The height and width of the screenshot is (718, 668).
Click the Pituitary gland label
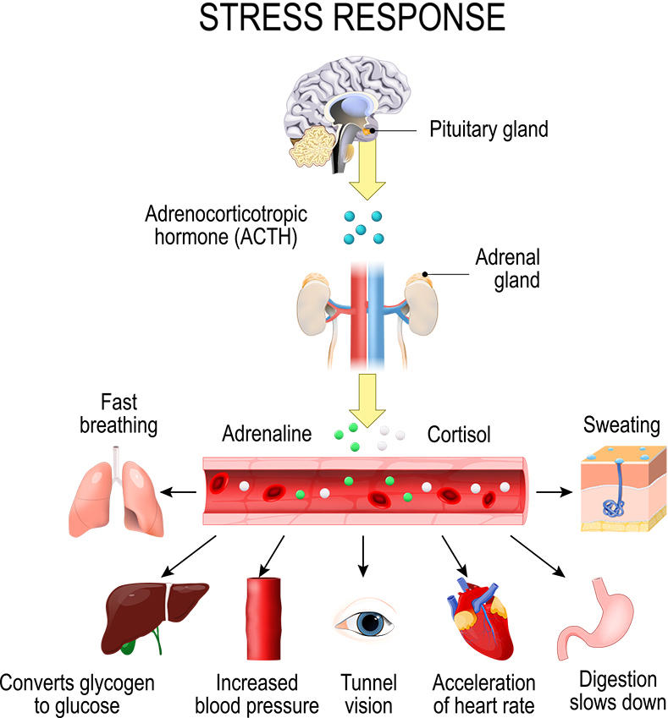(489, 129)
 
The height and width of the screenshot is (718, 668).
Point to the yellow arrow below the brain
(366, 172)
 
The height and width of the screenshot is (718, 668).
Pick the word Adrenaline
(267, 435)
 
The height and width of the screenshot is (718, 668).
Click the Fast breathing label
(119, 413)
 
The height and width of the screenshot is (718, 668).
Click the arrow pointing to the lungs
(178, 491)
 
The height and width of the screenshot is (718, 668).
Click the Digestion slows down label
(618, 690)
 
